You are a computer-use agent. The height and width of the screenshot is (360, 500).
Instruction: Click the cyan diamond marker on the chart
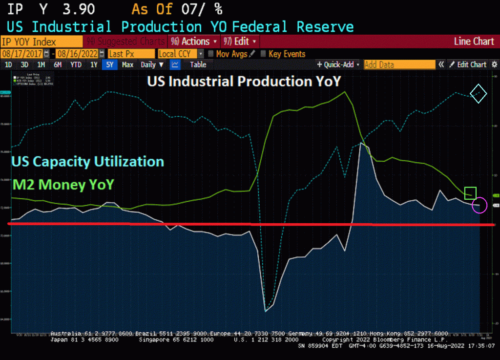[x=478, y=93]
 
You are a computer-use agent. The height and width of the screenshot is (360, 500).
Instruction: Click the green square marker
[x=470, y=193]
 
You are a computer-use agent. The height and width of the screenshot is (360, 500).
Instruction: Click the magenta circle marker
[x=479, y=205]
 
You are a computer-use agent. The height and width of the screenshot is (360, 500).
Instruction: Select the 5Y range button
[x=109, y=64]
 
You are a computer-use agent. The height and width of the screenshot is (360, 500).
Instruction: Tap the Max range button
[x=127, y=64]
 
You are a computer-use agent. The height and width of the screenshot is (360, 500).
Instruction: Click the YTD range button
[x=76, y=64]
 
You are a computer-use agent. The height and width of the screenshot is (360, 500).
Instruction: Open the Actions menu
[x=193, y=42]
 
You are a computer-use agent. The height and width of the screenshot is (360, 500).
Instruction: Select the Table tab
[x=198, y=64]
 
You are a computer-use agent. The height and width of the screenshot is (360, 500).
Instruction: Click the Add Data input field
[x=399, y=64]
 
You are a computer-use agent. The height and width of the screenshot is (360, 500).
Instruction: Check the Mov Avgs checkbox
[x=211, y=54]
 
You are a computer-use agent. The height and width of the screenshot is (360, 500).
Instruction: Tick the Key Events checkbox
[x=264, y=54]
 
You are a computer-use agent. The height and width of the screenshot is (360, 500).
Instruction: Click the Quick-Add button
[x=338, y=64]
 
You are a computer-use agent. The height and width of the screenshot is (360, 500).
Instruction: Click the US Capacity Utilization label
[x=87, y=161]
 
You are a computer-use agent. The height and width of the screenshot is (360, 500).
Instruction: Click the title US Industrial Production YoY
[x=244, y=82]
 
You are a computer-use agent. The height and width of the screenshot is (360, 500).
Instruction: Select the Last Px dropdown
[x=131, y=54]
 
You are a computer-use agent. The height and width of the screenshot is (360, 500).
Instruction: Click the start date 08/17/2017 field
[x=22, y=54]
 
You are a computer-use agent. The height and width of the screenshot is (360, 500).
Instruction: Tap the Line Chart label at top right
[x=474, y=42]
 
